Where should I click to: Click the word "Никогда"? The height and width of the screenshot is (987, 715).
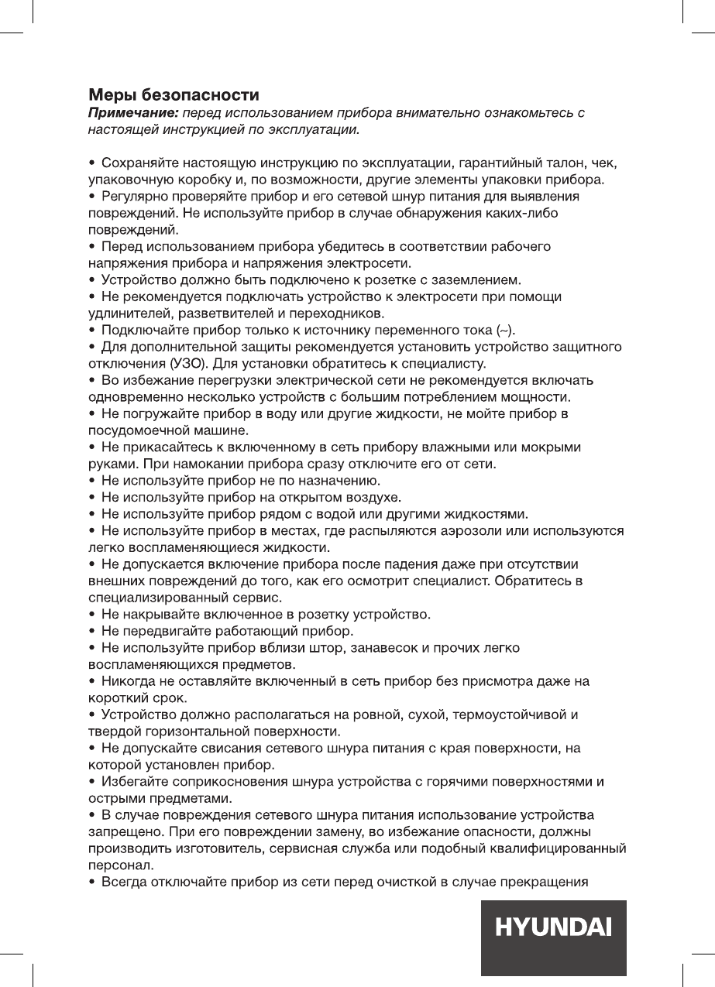tap(125, 681)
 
